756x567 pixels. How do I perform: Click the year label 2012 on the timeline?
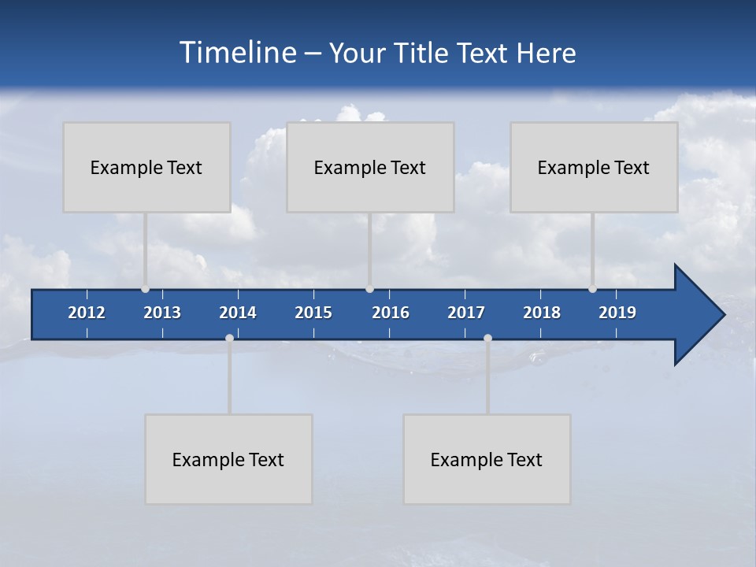87,313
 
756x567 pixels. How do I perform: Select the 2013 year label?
162,313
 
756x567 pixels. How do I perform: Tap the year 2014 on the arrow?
238,313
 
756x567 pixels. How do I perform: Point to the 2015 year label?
313,313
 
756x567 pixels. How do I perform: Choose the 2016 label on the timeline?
391,313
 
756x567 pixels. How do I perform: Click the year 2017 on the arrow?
466,313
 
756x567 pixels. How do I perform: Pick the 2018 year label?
542,313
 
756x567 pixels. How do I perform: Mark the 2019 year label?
617,313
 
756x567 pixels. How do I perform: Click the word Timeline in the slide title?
237,53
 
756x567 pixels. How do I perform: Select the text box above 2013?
146,167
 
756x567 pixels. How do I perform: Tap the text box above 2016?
370,167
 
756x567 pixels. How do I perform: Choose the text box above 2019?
594,167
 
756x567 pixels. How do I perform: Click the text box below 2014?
228,459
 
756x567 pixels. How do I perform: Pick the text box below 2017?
487,459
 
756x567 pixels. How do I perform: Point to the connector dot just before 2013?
145,289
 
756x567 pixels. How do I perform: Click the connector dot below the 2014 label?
229,338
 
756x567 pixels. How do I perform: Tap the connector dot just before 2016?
369,289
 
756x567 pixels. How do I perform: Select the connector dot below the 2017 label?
487,338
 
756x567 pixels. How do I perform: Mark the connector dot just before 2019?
592,289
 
